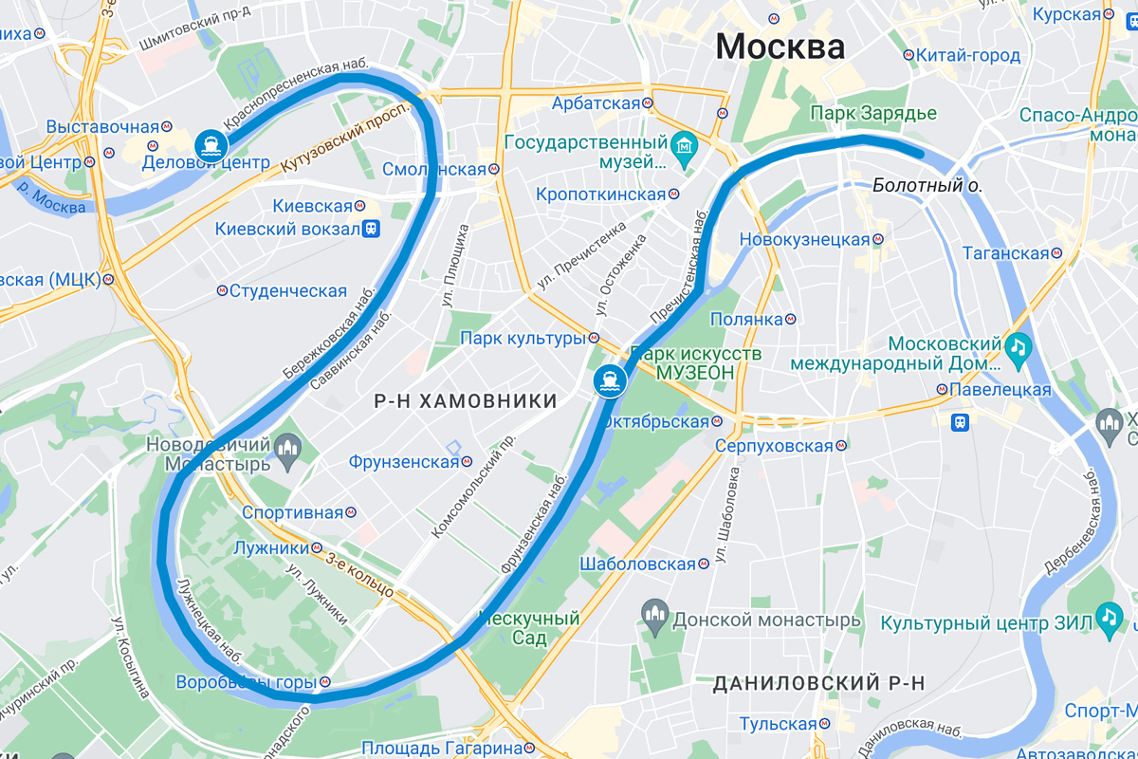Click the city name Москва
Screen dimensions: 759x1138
[x=780, y=46]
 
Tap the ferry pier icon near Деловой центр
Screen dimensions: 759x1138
[x=210, y=145]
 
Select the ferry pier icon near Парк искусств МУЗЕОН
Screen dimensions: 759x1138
[x=608, y=380]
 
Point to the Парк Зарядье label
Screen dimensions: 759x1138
[x=872, y=114]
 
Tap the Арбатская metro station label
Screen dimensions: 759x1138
[x=597, y=102]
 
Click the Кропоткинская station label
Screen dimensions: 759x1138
[x=600, y=194]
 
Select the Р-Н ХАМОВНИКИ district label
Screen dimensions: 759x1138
[x=466, y=401]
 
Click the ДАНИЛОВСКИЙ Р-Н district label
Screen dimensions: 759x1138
[x=818, y=683]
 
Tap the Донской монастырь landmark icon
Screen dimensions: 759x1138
[x=654, y=620]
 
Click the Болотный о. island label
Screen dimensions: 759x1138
[x=927, y=186]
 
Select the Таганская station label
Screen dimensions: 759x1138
[x=1006, y=253]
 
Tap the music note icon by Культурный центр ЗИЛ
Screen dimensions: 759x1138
[x=1110, y=618]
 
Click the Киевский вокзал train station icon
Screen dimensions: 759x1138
[x=373, y=228]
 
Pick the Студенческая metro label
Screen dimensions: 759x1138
[x=288, y=290]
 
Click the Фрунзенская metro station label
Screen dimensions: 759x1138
[x=403, y=462]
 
